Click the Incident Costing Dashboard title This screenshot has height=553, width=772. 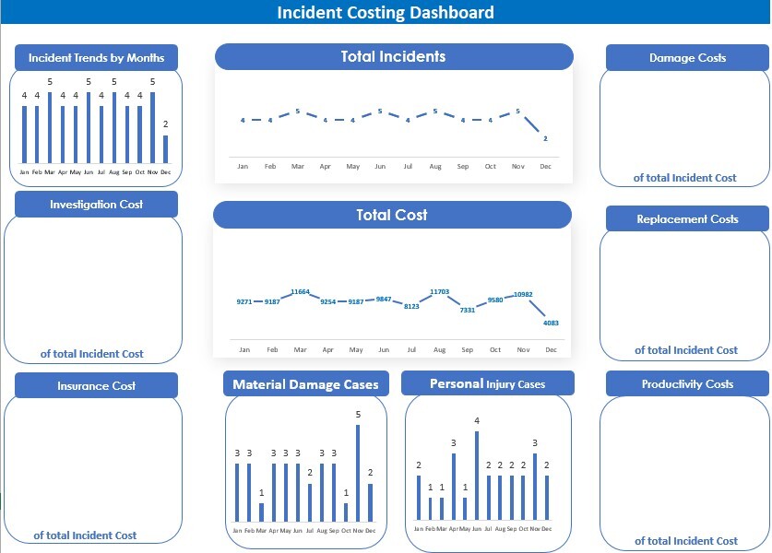pyautogui.click(x=386, y=12)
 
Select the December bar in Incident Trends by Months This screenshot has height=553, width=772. pyautogui.click(x=166, y=149)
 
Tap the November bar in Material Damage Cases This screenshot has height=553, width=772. pyautogui.click(x=358, y=473)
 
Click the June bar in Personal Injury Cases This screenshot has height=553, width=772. pyautogui.click(x=477, y=476)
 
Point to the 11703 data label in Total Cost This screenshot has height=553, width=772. pyautogui.click(x=439, y=292)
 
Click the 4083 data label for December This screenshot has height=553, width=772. pyautogui.click(x=551, y=323)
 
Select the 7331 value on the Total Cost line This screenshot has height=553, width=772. pyautogui.click(x=468, y=311)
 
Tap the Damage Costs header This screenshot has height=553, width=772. pyautogui.click(x=687, y=57)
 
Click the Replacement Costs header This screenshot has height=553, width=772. pyautogui.click(x=687, y=219)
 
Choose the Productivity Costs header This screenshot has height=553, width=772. pyautogui.click(x=687, y=383)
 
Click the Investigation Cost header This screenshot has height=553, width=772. pyautogui.click(x=96, y=204)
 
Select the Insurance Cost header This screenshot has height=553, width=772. pyautogui.click(x=96, y=385)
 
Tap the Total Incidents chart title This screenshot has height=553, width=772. pyautogui.click(x=393, y=56)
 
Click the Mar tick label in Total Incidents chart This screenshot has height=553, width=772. pyautogui.click(x=298, y=167)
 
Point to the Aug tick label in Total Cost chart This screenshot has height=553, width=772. pyautogui.click(x=439, y=350)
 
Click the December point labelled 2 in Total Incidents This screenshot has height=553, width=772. pyautogui.click(x=545, y=138)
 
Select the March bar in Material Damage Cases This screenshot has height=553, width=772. pyautogui.click(x=261, y=512)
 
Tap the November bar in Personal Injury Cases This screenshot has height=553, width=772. pyautogui.click(x=534, y=487)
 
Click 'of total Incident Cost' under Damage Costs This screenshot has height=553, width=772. pyautogui.click(x=685, y=178)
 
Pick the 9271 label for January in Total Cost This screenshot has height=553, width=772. pyautogui.click(x=243, y=301)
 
